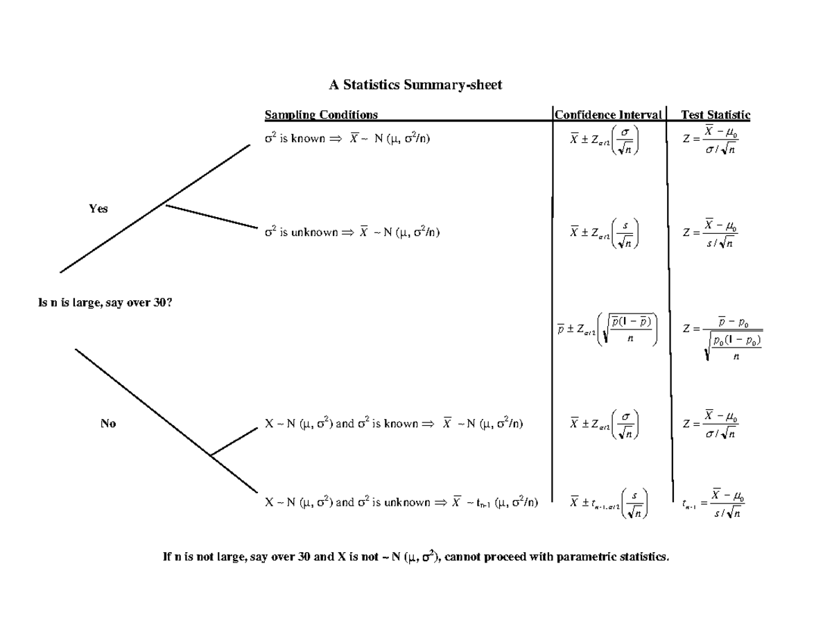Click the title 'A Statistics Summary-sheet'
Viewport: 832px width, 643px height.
click(x=415, y=85)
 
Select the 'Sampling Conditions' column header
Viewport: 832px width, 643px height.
click(x=321, y=114)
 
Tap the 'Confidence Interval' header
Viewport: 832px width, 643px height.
click(x=608, y=114)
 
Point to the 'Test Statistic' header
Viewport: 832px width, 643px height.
click(x=715, y=114)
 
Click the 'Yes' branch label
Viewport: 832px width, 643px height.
click(x=98, y=209)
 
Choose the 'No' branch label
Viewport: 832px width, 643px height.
click(x=107, y=424)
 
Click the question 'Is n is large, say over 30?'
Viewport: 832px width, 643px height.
click(x=103, y=302)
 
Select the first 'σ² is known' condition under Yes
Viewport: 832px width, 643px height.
click(x=347, y=139)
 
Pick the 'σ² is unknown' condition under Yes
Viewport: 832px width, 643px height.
click(x=352, y=233)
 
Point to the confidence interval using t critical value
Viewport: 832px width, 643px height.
click(x=608, y=503)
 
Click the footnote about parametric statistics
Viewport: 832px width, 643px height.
click(x=416, y=556)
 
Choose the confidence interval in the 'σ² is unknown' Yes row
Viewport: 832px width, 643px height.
click(x=605, y=233)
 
